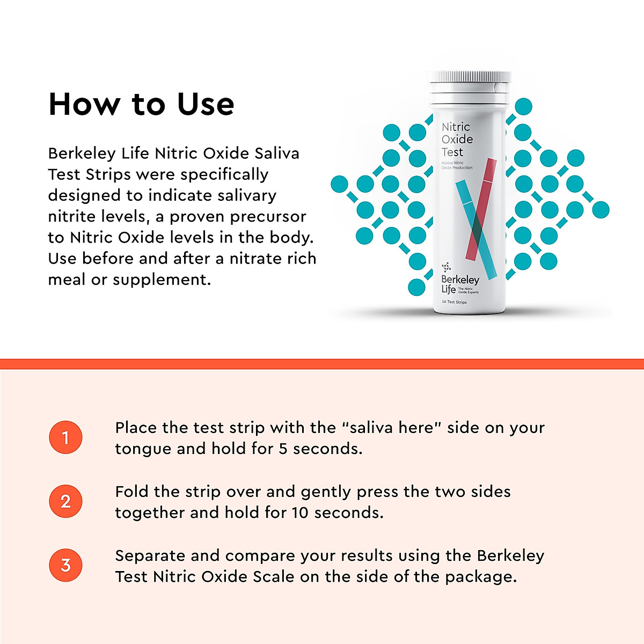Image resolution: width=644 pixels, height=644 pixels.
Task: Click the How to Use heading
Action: coord(141,104)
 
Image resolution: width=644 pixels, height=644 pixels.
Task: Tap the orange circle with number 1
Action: coord(65,437)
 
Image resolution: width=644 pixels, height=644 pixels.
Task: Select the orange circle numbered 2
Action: coord(65,501)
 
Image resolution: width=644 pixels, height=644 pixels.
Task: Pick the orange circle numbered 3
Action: coord(65,565)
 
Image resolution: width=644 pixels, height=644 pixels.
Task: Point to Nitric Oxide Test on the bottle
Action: coord(457,140)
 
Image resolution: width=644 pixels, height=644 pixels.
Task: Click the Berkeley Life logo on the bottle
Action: coord(459,282)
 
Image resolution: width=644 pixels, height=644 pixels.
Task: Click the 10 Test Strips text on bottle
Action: coord(454,302)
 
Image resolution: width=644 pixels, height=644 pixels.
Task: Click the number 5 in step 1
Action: coord(283,449)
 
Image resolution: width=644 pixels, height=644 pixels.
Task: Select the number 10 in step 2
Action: coord(300,513)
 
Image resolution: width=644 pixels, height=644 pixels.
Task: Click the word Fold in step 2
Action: coord(132,492)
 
